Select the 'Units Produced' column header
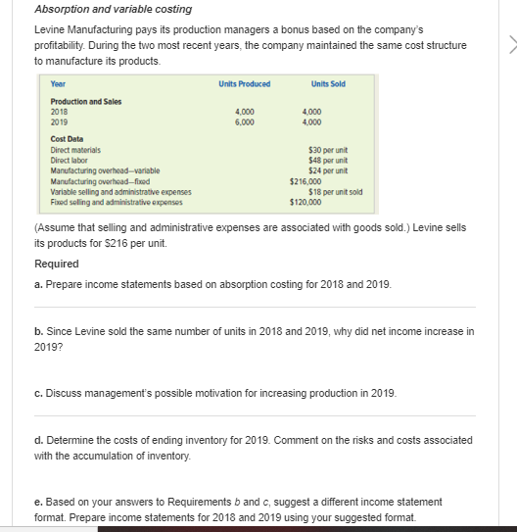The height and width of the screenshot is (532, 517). [245, 83]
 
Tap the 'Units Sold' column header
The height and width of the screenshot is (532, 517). [327, 83]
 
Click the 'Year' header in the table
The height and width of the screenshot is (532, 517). [58, 84]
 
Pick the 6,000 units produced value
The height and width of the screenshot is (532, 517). [245, 122]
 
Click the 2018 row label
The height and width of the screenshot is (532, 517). [60, 113]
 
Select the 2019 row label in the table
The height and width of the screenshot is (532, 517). [60, 122]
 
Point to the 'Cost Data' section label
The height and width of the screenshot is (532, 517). [67, 139]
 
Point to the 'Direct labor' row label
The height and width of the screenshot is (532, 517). [70, 157]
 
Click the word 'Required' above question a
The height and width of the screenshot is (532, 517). [56, 264]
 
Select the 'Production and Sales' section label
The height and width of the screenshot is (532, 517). [84, 102]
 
